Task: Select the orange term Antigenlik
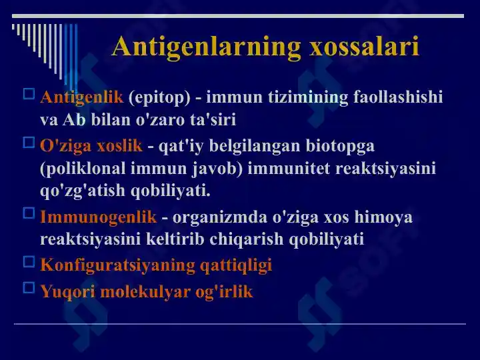click(81, 97)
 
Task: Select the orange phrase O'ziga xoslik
click(91, 145)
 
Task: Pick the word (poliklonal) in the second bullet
click(86, 168)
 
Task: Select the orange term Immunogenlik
click(98, 217)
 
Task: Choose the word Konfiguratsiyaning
click(117, 265)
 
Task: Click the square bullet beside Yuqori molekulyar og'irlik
click(29, 288)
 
